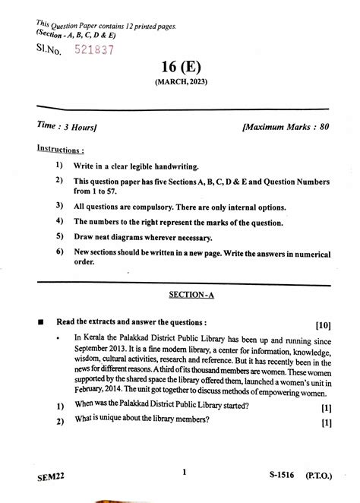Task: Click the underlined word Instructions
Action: click(62, 149)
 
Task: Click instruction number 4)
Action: click(58, 221)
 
